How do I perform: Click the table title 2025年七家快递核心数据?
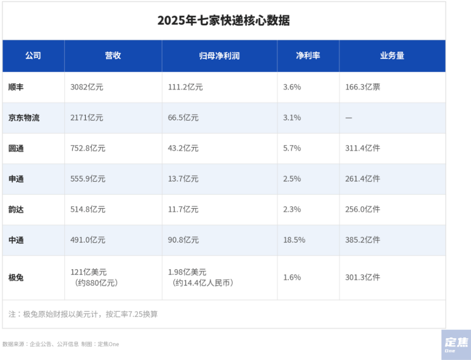tap(224, 20)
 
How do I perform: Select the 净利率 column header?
tap(308, 56)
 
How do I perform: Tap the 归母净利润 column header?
tap(219, 56)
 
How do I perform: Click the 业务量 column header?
tap(392, 56)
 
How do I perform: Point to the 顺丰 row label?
tap(16, 87)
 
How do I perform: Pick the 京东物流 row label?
tap(24, 118)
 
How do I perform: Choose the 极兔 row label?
tap(16, 277)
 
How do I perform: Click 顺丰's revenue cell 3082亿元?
tap(87, 87)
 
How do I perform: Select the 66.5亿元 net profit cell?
tap(183, 118)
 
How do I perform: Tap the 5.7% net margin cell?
tap(292, 148)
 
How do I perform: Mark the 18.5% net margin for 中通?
tap(294, 240)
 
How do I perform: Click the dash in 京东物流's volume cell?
tap(348, 118)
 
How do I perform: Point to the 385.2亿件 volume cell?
tap(362, 240)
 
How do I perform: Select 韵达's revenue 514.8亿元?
tap(88, 209)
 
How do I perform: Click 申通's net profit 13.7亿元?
tap(183, 179)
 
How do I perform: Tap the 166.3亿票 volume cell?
tap(362, 87)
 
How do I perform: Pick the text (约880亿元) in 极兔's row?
tap(96, 283)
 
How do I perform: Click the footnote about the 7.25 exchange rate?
tap(83, 315)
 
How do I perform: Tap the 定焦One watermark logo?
tap(456, 345)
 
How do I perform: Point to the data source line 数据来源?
tap(61, 344)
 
